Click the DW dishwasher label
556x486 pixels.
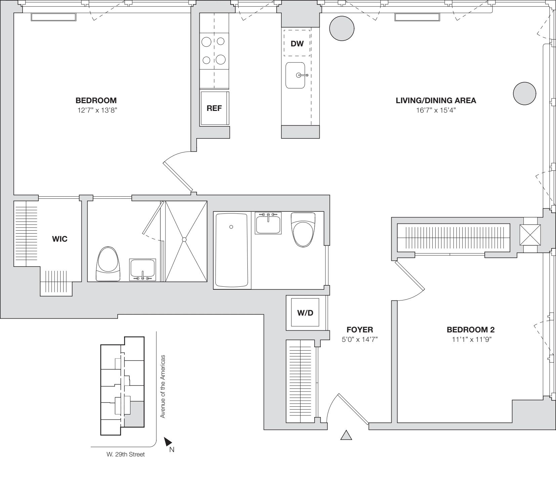[x=297, y=43]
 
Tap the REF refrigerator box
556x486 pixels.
[x=214, y=108]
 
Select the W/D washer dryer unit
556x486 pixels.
[x=305, y=313]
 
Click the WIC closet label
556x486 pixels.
[x=59, y=239]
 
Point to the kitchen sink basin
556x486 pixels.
[x=295, y=75]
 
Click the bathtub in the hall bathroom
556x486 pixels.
[x=232, y=250]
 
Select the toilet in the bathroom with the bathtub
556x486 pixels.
[x=303, y=230]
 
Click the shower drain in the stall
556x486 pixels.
[x=184, y=239]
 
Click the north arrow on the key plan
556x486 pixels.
[x=168, y=442]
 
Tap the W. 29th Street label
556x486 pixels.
[x=125, y=454]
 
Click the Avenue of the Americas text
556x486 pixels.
[x=163, y=387]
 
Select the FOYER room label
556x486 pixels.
[x=360, y=330]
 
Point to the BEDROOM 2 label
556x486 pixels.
[x=470, y=330]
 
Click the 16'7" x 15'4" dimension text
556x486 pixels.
[x=436, y=110]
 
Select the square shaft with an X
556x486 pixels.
[x=530, y=235]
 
